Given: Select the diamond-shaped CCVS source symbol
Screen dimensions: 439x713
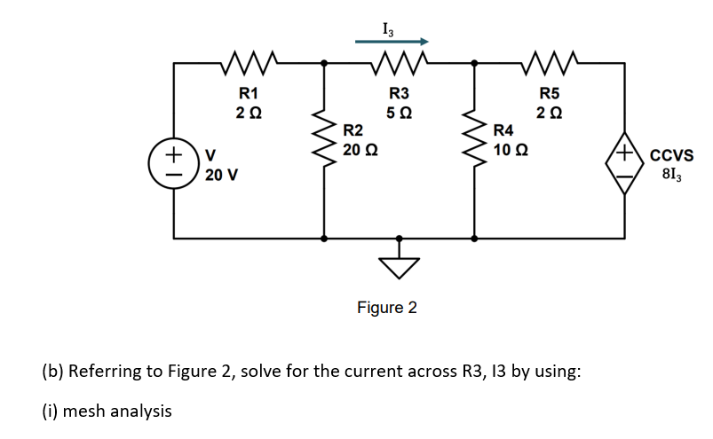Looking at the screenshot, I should point(625,165).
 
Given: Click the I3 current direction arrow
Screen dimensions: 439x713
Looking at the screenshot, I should point(392,41).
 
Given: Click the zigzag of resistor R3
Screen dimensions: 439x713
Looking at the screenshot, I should point(399,63).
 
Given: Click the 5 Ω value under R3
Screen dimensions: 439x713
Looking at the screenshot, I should point(399,113).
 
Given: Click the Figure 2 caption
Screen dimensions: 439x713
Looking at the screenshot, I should point(386,308).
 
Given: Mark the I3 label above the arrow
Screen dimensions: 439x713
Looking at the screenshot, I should point(389,26).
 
